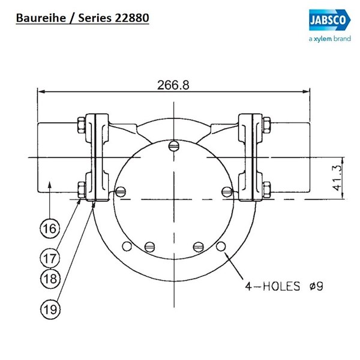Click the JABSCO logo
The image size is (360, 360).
(329, 20)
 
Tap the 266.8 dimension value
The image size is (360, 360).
(173, 85)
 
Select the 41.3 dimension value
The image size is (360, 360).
(337, 178)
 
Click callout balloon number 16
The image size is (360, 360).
(50, 229)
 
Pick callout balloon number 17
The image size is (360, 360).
(50, 258)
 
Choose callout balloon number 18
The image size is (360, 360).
(50, 278)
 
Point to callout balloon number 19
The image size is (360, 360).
(50, 309)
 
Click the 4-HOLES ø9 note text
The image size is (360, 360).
(284, 286)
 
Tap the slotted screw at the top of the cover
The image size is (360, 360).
(173, 146)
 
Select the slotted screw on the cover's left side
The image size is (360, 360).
(121, 192)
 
